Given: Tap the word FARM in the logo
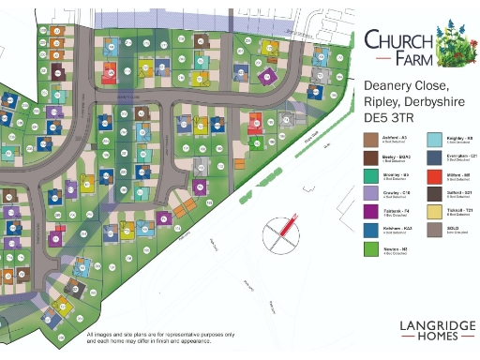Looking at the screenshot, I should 413,61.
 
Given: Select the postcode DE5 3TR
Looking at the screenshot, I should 395,118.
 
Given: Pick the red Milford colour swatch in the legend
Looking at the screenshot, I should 434,176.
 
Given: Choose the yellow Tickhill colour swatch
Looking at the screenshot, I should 434,212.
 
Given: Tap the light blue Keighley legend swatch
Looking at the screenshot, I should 434,140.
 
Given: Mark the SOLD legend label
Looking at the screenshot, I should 456,227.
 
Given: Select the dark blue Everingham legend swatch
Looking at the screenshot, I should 434,157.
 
